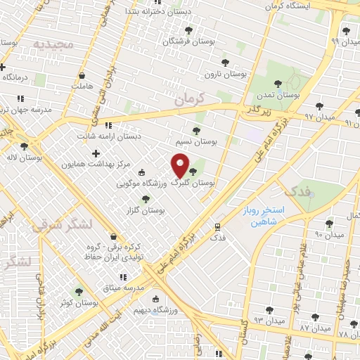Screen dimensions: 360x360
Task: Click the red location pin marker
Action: [x=181, y=165]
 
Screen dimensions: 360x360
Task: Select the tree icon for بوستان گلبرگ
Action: [x=193, y=171]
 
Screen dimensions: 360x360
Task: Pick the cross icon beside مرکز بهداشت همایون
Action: [x=96, y=153]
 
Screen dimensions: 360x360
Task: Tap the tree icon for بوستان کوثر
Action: [x=79, y=292]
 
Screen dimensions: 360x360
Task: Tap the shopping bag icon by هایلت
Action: [x=82, y=75]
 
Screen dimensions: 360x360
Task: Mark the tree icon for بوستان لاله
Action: [x=25, y=146]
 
